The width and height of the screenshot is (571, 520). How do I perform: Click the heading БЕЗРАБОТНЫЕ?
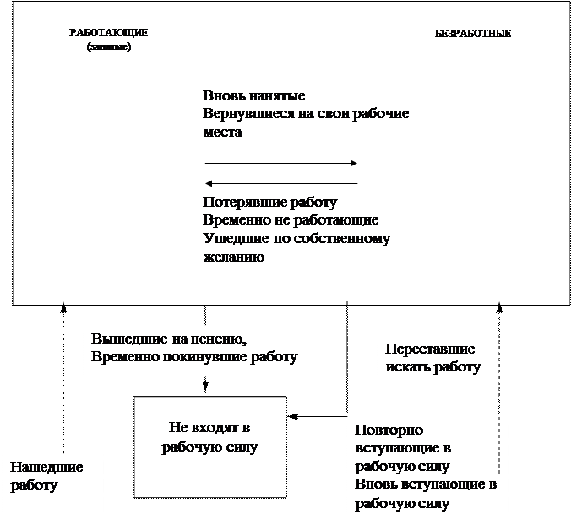[x=473, y=34]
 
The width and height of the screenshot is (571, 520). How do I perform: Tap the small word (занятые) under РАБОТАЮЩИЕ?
[x=108, y=46]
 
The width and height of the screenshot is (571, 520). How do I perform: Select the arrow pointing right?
[x=281, y=163]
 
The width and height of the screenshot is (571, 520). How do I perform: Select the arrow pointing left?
[x=281, y=182]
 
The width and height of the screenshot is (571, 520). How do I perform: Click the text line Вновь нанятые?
[x=253, y=96]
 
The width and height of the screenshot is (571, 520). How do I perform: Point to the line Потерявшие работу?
[x=269, y=203]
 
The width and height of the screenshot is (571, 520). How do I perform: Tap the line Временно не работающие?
[x=290, y=220]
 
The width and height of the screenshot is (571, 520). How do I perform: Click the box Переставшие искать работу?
[x=438, y=359]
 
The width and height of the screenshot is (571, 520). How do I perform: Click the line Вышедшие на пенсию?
[x=168, y=339]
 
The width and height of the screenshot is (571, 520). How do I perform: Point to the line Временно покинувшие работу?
[x=194, y=357]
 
